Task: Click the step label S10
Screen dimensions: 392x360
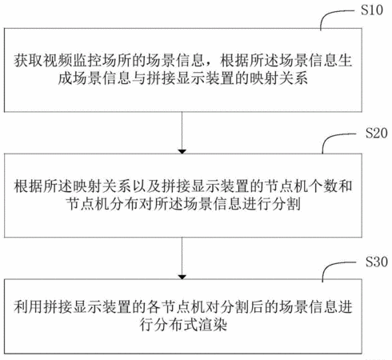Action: pos(372,10)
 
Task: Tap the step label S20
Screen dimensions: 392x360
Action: pos(376,133)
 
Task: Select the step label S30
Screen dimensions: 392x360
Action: pos(376,262)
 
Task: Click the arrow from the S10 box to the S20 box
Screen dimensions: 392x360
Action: pos(182,133)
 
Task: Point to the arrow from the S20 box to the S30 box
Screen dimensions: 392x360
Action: pos(182,258)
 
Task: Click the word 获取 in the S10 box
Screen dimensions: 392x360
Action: pos(28,61)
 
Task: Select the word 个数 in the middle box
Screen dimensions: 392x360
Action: pos(323,186)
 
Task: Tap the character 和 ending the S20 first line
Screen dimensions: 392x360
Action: pos(346,186)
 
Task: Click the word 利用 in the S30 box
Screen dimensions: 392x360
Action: pos(28,306)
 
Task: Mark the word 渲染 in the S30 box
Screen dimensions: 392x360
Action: pos(213,325)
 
